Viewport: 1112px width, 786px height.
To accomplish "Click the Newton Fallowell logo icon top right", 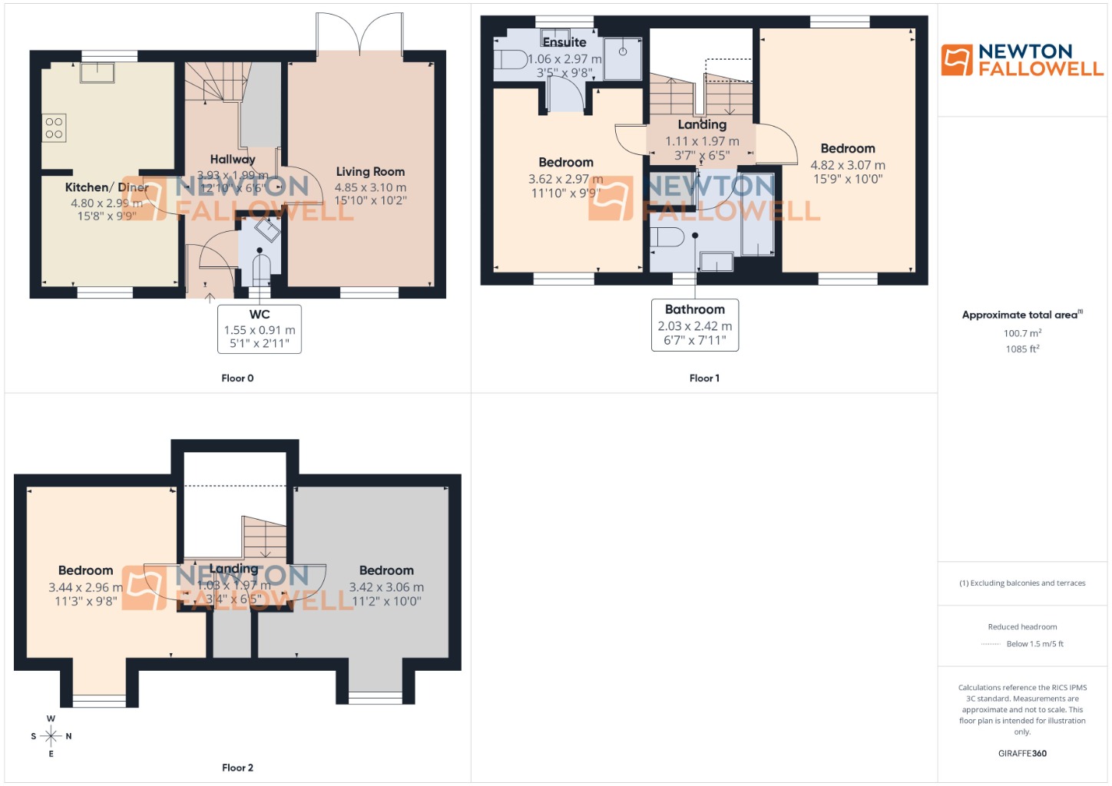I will click(957, 60).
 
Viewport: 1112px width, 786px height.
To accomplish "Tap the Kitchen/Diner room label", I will click(107, 187).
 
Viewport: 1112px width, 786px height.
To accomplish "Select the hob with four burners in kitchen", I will click(54, 128).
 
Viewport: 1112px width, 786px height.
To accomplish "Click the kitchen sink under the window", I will click(98, 72).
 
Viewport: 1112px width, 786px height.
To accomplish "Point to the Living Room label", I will click(370, 172).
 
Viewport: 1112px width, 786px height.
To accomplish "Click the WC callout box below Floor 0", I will click(260, 329).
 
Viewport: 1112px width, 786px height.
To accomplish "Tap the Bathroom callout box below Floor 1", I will click(695, 325).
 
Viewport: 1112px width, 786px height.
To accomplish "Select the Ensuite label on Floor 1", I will click(564, 42).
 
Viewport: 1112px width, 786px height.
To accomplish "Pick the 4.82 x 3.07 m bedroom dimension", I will click(848, 165).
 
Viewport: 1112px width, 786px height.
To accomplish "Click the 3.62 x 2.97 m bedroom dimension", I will click(565, 179).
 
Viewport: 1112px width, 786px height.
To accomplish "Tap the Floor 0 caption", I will click(237, 378).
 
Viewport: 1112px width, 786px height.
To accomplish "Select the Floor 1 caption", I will click(704, 378).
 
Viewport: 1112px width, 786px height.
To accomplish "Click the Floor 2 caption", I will click(237, 768).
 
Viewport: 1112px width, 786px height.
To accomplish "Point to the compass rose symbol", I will click(51, 736).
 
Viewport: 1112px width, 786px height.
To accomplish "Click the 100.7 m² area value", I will click(1022, 333).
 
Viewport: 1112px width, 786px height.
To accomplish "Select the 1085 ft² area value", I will click(1022, 349).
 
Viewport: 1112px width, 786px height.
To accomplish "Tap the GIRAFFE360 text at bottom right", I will click(1022, 753).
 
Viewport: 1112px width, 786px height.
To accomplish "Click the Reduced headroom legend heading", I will click(1022, 627).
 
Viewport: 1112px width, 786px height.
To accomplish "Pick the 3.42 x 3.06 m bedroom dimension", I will click(386, 587).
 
